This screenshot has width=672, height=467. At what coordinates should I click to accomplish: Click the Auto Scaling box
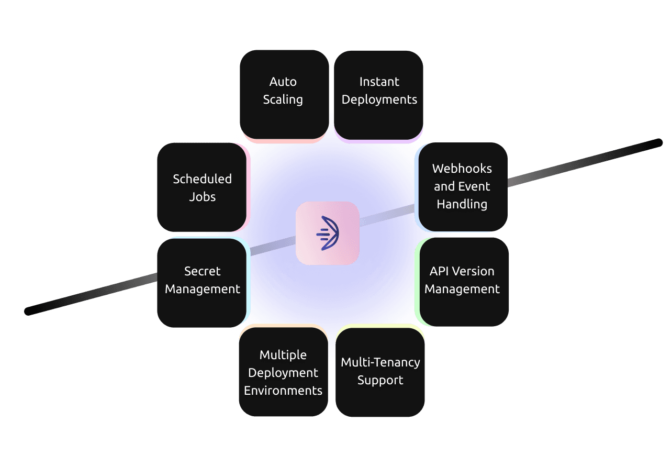point(284,94)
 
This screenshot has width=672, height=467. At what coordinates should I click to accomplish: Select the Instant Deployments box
point(378,95)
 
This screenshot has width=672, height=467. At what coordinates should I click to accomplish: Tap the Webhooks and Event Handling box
point(463,186)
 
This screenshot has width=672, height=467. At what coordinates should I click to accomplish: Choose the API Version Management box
point(464,282)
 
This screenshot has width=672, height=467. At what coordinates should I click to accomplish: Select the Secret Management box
point(202,282)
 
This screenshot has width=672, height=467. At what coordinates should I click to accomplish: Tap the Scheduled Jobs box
point(202,187)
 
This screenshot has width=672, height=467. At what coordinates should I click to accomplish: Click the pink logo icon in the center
point(327,233)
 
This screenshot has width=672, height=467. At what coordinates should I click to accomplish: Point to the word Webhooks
point(462,169)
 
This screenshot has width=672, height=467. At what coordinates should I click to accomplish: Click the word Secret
point(202,271)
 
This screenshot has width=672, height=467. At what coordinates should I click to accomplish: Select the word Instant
point(379,82)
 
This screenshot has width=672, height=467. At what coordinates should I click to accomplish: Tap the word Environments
point(283,391)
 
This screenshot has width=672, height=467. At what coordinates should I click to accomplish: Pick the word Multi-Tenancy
point(380,362)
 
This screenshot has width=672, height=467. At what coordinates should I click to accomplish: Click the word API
point(440,271)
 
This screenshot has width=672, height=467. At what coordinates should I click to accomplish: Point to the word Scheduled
point(202,179)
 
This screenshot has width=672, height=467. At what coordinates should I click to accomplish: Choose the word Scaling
point(283,99)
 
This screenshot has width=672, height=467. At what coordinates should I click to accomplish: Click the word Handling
point(462,204)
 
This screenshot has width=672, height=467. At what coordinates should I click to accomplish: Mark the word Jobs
point(202,197)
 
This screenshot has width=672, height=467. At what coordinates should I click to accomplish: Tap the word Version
point(473,271)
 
